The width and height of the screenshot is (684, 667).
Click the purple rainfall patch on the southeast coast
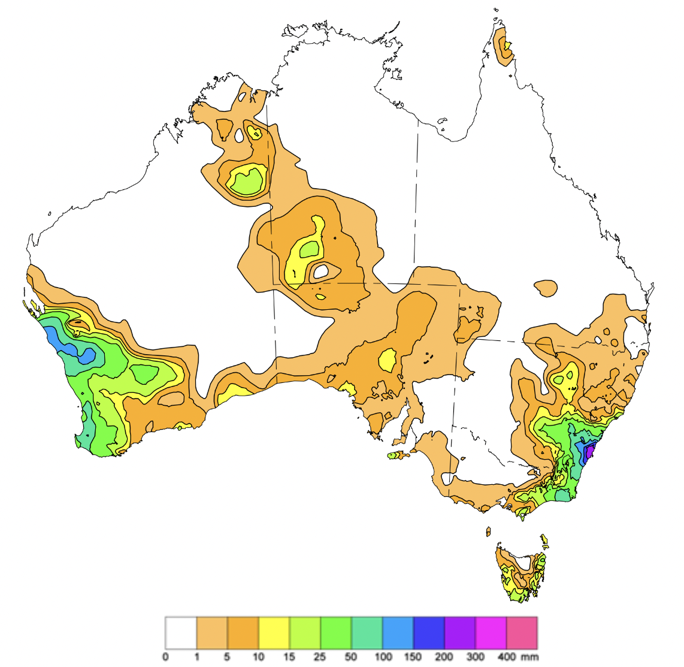pos(590,451)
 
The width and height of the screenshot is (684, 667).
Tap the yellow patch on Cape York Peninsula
pos(507,45)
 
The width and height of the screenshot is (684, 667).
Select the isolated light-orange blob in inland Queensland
pos(546,288)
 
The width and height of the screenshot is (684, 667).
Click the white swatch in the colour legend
pos(181,633)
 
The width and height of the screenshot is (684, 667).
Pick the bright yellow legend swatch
pos(274,633)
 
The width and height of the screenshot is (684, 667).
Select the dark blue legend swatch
pos(429,633)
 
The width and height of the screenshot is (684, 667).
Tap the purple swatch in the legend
pos(460,633)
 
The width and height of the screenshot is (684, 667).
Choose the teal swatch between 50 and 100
pos(367,633)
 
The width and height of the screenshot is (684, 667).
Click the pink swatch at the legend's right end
pos(522,633)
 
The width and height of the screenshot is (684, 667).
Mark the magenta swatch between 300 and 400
pos(491,633)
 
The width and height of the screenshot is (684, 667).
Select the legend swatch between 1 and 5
pos(212,633)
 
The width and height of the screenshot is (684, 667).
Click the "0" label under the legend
pos(165,657)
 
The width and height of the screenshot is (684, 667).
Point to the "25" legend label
pos(320,657)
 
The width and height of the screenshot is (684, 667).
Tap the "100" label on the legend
pos(383,657)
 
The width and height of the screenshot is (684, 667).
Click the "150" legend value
pos(413,657)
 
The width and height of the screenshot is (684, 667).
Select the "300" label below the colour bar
pos(476,657)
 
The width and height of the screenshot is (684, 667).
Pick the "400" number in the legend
pos(506,657)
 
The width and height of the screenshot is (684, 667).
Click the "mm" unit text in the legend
pos(530,657)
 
